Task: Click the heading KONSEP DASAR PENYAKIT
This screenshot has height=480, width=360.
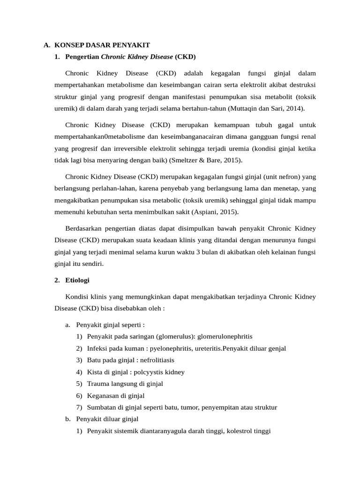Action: click(x=102, y=45)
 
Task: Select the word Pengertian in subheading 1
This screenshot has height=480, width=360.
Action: click(x=82, y=57)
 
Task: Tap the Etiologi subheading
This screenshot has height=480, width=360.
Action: click(x=77, y=280)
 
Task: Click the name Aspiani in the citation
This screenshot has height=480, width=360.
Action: click(x=205, y=211)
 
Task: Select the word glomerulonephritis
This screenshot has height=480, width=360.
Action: click(x=225, y=337)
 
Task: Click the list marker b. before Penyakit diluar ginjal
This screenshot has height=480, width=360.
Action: click(x=68, y=419)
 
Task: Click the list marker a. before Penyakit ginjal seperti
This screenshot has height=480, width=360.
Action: click(x=68, y=324)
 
